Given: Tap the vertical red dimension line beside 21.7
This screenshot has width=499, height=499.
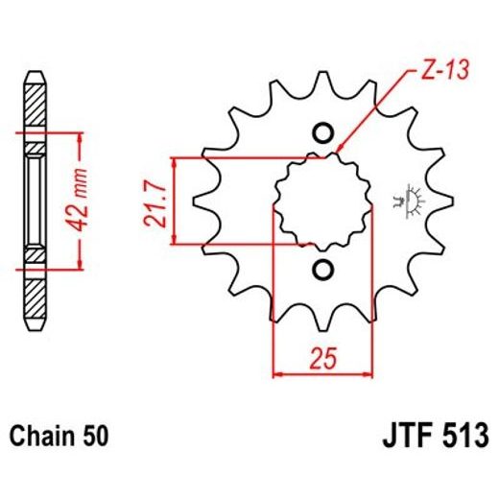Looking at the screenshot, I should coord(173,200).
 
